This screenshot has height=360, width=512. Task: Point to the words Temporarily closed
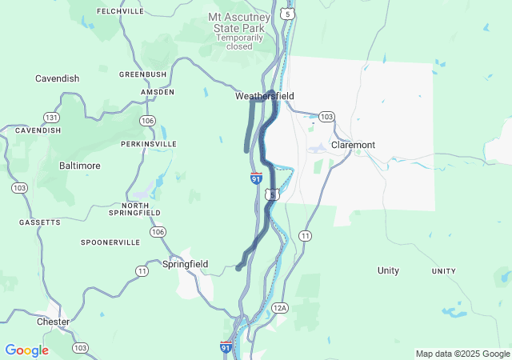point(239,42)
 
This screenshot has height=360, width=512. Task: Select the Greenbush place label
point(142,74)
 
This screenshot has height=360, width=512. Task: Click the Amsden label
point(158,92)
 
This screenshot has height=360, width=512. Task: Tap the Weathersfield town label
point(264,96)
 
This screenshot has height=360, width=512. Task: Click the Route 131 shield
point(51,117)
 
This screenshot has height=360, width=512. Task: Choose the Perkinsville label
point(148,144)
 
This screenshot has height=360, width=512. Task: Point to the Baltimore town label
point(80,166)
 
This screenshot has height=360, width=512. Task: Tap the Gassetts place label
point(40,222)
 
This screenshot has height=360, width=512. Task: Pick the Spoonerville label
point(110,242)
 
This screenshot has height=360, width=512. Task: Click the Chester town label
point(53,322)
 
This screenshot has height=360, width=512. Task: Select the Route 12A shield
point(279,308)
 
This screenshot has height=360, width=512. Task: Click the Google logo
point(26,350)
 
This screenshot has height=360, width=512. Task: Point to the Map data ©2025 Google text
point(462,354)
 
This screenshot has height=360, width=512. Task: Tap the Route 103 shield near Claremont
point(326,117)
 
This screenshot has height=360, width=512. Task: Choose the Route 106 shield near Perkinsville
point(147,121)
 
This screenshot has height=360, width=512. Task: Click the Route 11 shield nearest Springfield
point(142,271)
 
